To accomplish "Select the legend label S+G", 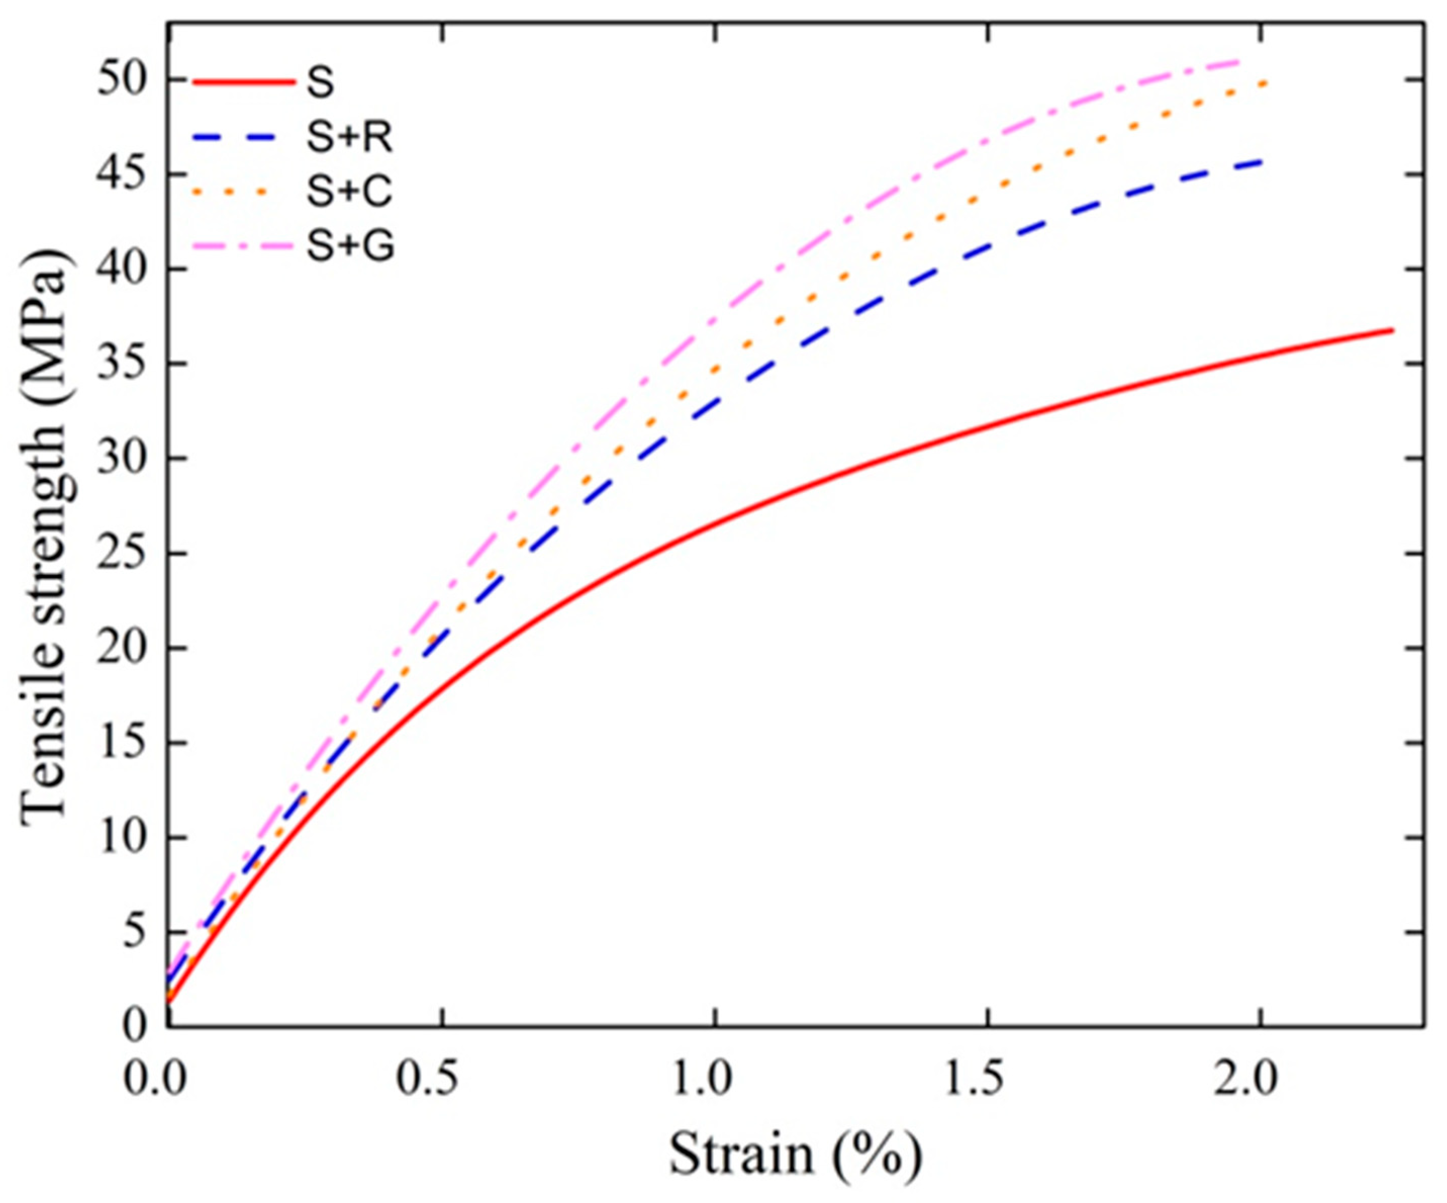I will pyautogui.click(x=350, y=247).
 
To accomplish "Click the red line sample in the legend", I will pyautogui.click(x=244, y=83).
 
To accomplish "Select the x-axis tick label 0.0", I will pyautogui.click(x=155, y=1079).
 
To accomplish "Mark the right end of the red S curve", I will pyautogui.click(x=1392, y=330).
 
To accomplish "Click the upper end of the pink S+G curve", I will pyautogui.click(x=1238, y=62).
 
